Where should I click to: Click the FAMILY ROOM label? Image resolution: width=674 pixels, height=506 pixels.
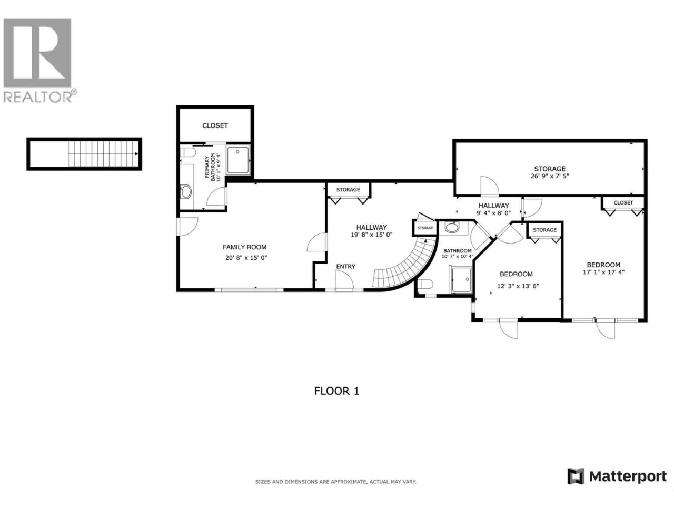[x=244, y=247]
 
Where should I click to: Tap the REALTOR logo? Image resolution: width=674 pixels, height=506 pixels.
[x=39, y=60]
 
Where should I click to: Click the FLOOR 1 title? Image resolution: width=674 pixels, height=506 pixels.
[x=336, y=391]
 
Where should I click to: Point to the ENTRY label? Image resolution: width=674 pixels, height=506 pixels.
[x=345, y=266]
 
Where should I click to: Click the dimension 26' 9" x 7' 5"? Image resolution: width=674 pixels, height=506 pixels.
[x=550, y=177]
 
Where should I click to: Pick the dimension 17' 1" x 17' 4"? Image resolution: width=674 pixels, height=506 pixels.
[x=603, y=272]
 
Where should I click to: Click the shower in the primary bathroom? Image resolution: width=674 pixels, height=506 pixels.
[x=238, y=160]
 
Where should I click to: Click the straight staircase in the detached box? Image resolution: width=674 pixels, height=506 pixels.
[x=103, y=153]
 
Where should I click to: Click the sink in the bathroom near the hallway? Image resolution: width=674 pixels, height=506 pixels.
[x=451, y=227]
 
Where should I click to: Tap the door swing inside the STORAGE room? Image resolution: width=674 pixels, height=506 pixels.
[x=490, y=186]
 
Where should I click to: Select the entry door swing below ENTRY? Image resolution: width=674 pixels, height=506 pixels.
[x=344, y=279]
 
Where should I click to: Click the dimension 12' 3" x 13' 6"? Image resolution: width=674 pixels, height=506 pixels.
[x=518, y=286]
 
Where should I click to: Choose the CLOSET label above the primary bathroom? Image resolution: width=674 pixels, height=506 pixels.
[x=215, y=125]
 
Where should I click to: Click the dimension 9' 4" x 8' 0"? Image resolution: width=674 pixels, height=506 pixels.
[x=493, y=212]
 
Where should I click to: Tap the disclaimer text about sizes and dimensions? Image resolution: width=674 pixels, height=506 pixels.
[x=335, y=490]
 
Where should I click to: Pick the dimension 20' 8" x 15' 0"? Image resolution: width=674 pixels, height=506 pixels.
[x=246, y=258]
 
